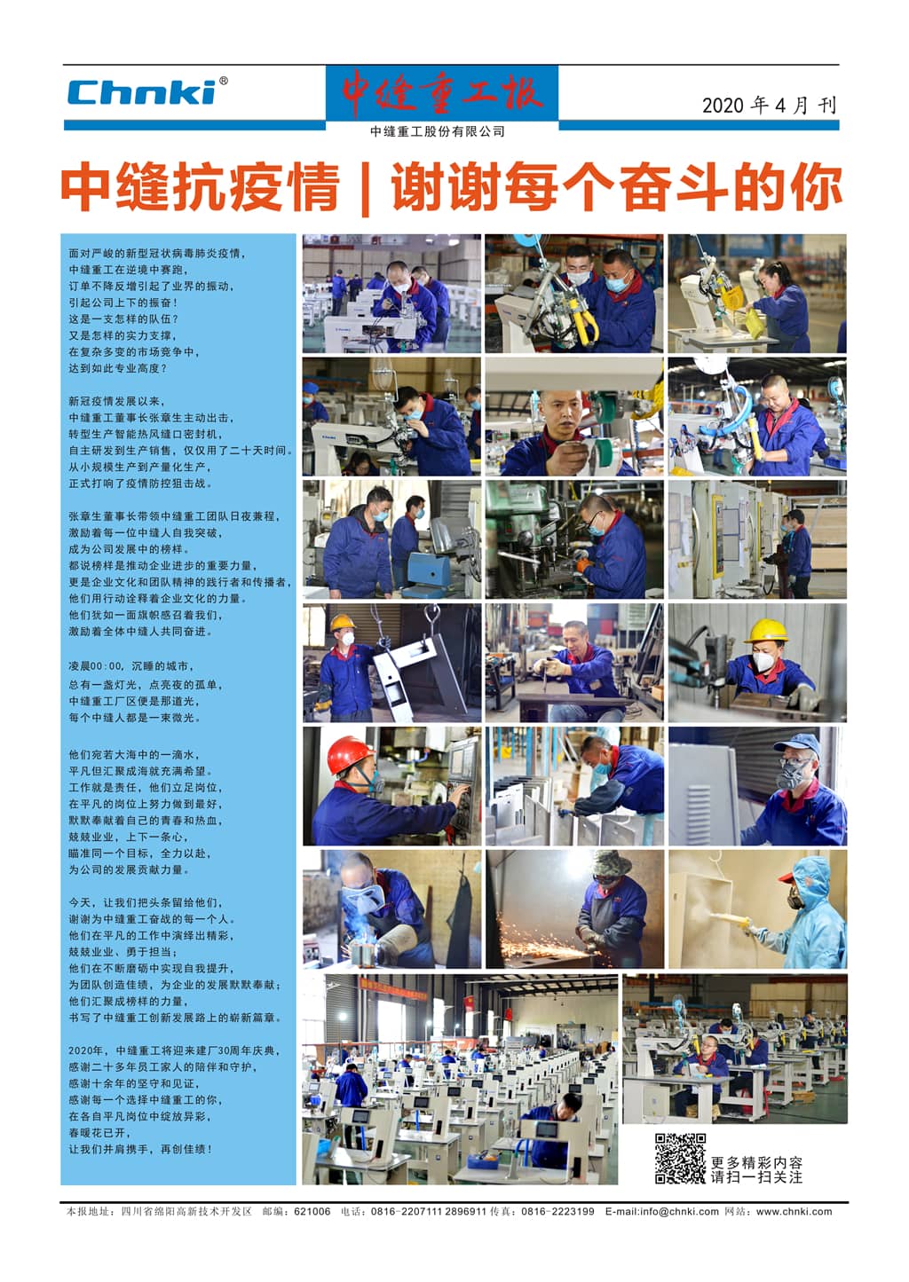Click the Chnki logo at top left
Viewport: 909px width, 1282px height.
click(142, 92)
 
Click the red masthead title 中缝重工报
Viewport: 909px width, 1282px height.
click(441, 92)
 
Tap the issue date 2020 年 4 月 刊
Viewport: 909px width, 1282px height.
click(769, 106)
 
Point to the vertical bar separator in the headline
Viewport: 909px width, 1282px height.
click(366, 188)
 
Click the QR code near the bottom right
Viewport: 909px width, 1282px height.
click(680, 1158)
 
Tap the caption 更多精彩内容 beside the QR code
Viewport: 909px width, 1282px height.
click(756, 1162)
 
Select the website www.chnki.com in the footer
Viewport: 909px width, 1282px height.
click(794, 1211)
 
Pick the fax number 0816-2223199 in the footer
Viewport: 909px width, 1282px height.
click(557, 1211)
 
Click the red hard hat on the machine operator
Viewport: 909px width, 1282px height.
click(350, 754)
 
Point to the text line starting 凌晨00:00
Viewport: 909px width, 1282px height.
click(131, 665)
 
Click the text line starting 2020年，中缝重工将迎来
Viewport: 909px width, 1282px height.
click(174, 1050)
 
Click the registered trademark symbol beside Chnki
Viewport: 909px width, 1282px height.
click(223, 81)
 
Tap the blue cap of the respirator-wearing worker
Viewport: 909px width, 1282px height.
click(796, 743)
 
